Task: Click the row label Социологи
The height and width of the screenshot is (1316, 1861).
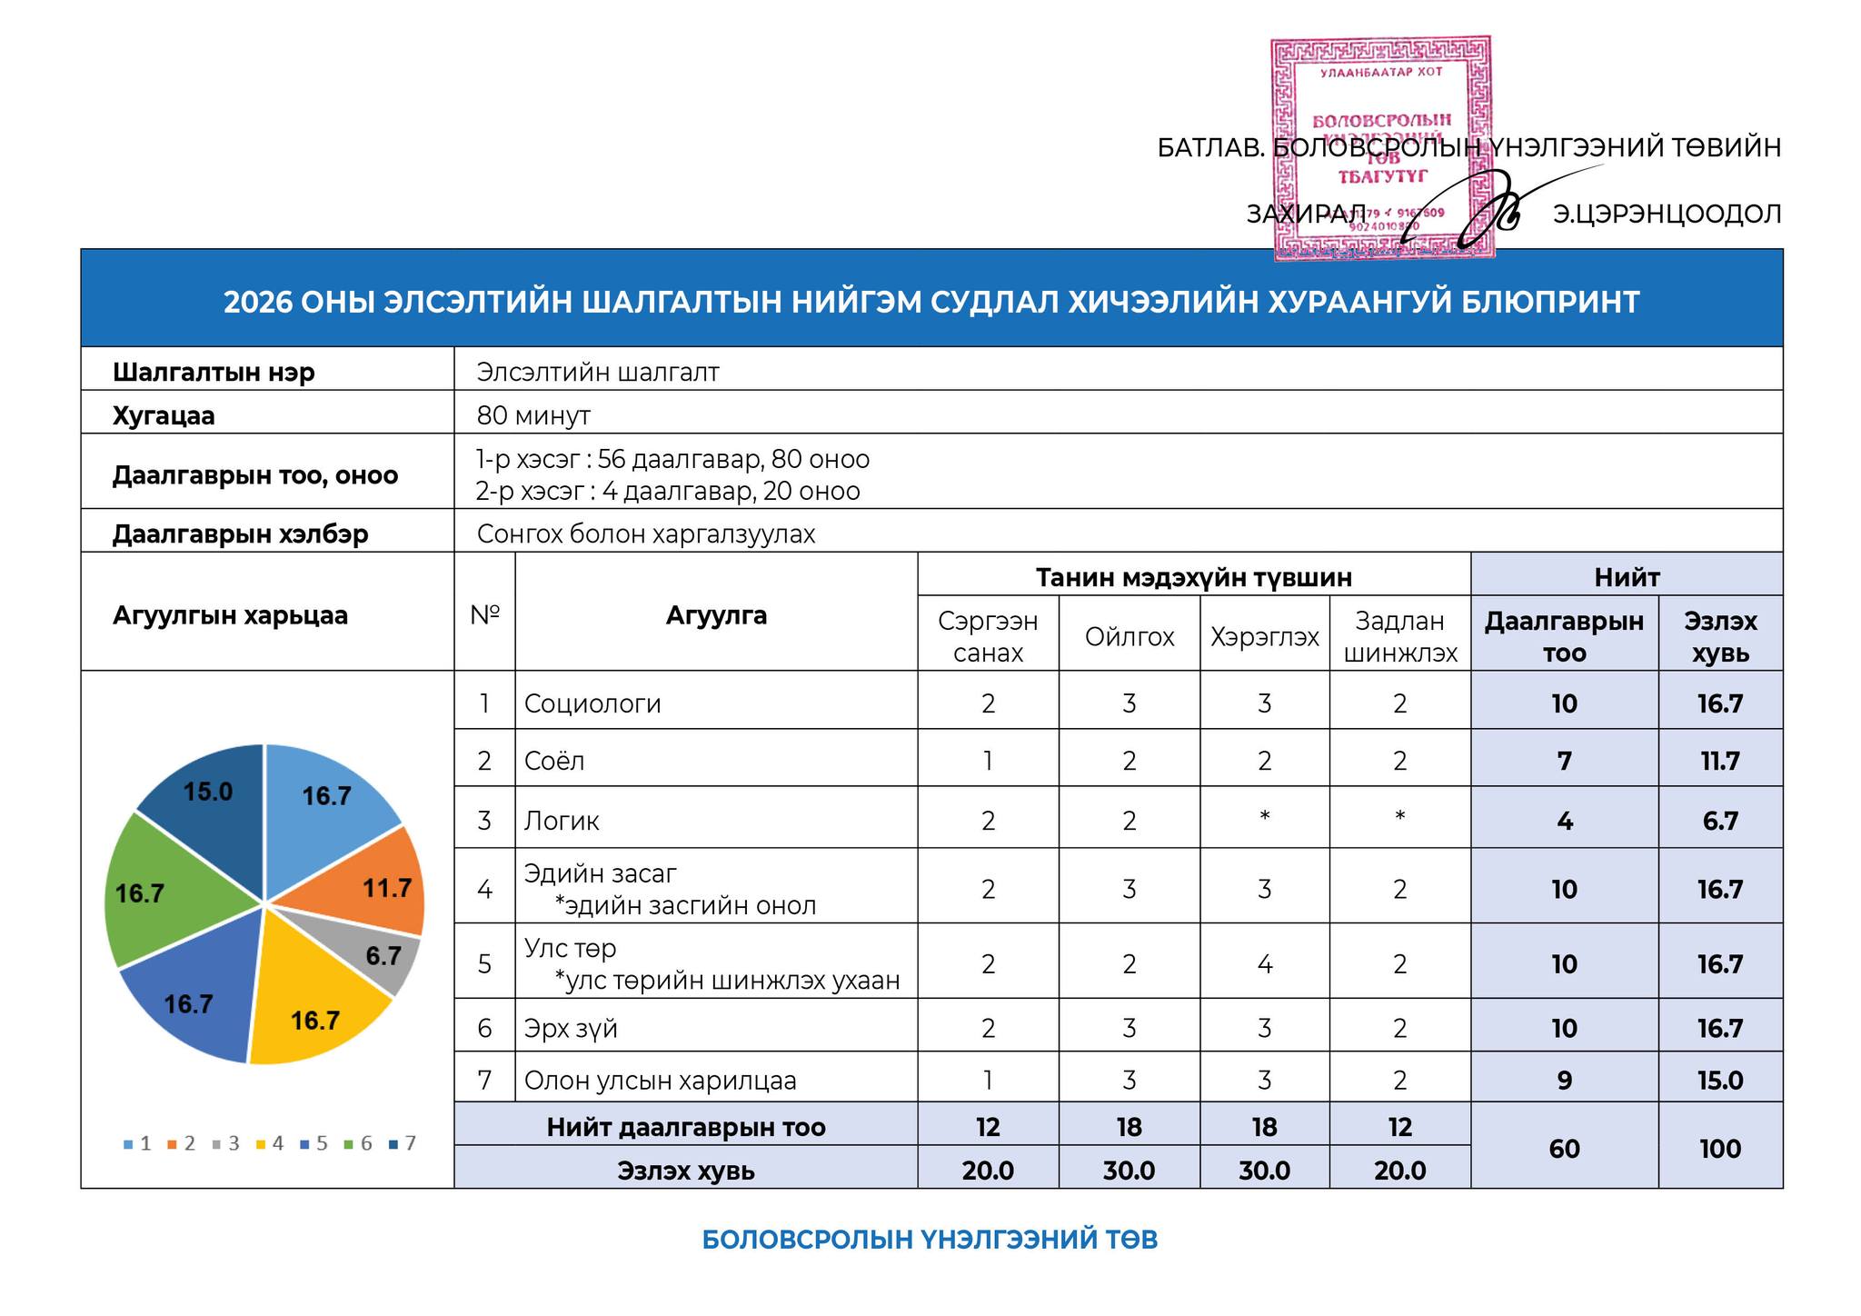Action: [x=592, y=703]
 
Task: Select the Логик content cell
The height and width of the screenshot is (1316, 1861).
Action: [x=562, y=821]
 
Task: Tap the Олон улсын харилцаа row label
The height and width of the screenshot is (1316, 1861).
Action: [x=660, y=1081]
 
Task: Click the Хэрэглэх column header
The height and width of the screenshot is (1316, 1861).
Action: [x=1264, y=637]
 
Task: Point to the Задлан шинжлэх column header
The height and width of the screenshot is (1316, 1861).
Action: [x=1399, y=637]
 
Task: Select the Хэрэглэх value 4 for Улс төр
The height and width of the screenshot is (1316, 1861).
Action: [x=1264, y=963]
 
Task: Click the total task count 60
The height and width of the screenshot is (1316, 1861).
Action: [x=1564, y=1149]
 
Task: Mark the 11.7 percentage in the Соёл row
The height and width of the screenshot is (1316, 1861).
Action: [x=1719, y=761]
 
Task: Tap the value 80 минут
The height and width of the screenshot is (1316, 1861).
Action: [x=533, y=415]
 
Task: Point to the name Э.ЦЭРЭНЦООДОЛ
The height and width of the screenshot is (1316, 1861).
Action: [x=1667, y=214]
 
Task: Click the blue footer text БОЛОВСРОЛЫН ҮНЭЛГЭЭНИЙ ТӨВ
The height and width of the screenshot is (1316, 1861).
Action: [x=930, y=1240]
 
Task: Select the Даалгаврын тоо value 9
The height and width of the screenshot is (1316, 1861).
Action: [x=1564, y=1081]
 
